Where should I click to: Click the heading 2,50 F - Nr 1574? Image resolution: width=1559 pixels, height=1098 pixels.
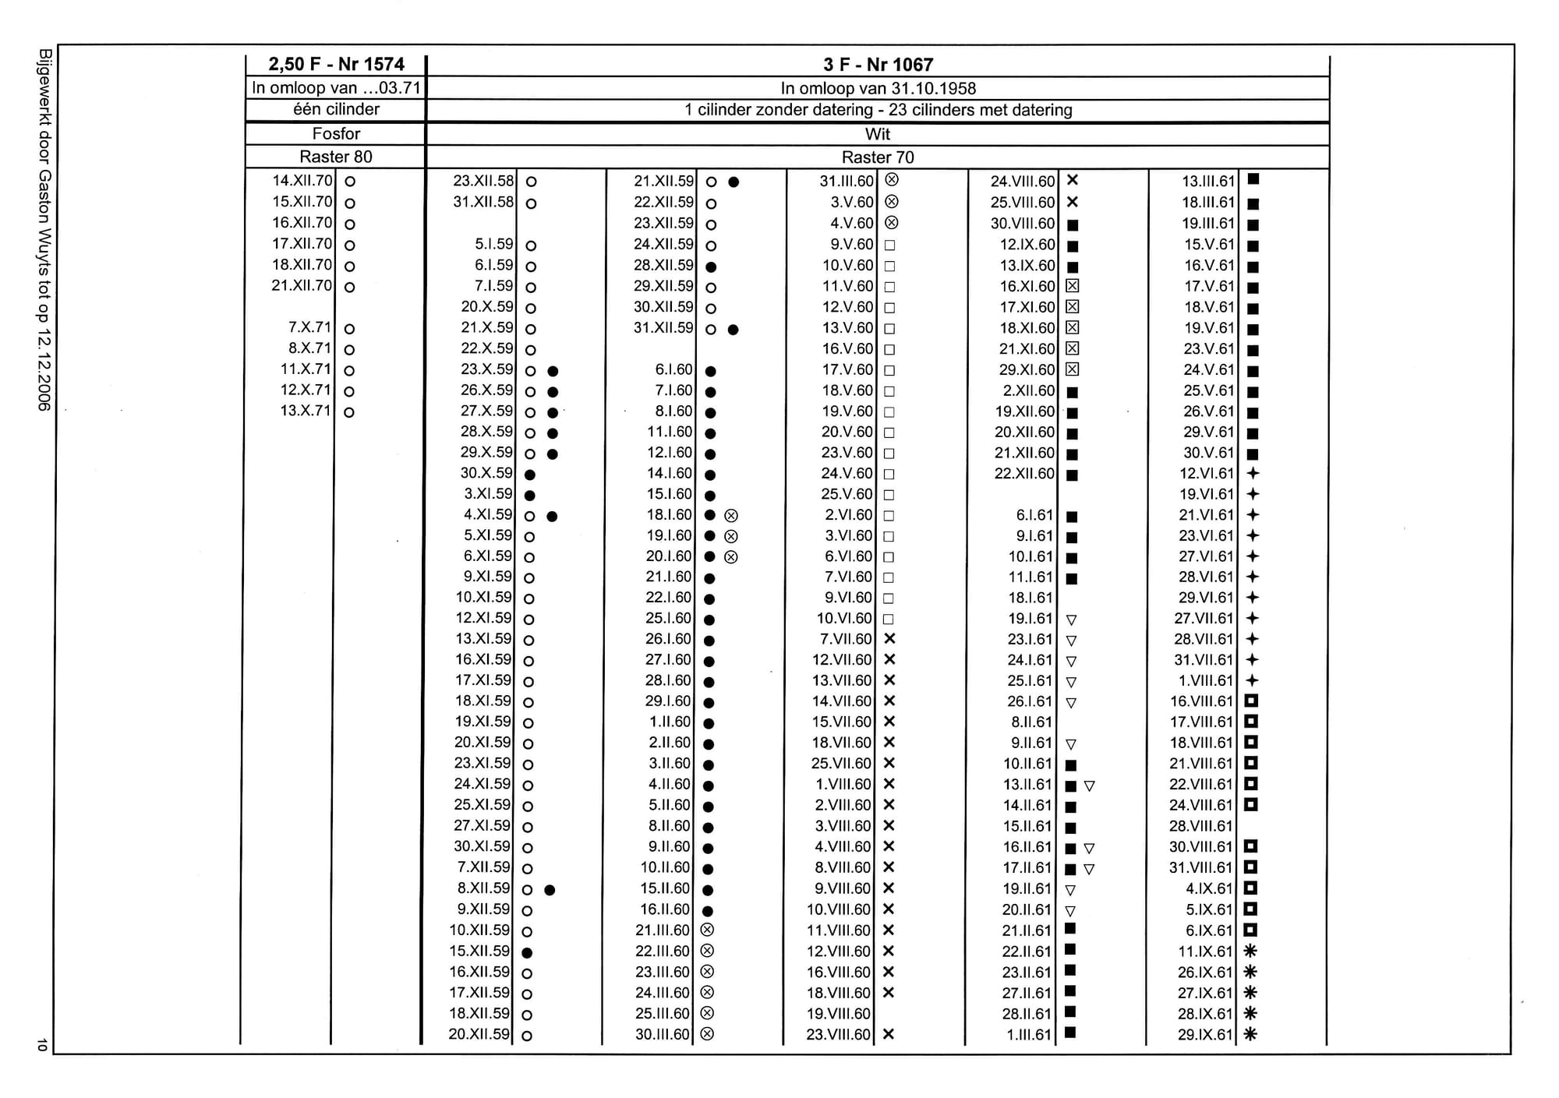point(336,65)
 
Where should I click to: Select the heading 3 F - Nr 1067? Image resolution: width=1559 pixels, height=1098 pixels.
point(878,65)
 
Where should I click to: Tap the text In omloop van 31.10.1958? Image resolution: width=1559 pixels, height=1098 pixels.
point(878,89)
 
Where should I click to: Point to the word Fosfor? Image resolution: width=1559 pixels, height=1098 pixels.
point(336,134)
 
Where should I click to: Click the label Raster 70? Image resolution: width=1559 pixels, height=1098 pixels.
point(878,157)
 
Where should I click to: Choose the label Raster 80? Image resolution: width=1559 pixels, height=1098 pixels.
point(336,157)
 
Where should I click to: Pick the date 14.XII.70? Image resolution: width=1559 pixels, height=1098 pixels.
point(302,181)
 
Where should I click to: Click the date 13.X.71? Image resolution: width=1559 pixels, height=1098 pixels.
point(306,411)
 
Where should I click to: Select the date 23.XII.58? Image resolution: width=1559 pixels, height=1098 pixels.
point(483,181)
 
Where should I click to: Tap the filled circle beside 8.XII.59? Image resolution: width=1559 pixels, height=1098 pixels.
point(550,890)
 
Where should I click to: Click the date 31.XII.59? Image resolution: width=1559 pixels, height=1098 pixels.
point(663,328)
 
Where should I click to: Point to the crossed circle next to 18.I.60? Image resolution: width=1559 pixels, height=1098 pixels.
point(731,515)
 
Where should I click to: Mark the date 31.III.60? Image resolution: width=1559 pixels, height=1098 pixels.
point(847,181)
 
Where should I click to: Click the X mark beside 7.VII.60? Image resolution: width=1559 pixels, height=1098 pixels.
point(889,638)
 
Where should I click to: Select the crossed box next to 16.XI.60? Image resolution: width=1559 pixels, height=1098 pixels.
point(1073,286)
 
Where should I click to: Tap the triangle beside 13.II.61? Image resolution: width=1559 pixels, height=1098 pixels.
point(1090,786)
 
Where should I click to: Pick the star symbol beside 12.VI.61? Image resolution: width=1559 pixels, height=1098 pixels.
point(1253,473)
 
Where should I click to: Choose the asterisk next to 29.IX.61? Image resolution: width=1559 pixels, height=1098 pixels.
point(1250,1034)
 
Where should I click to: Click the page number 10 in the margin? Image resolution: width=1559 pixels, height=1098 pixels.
point(42,1045)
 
